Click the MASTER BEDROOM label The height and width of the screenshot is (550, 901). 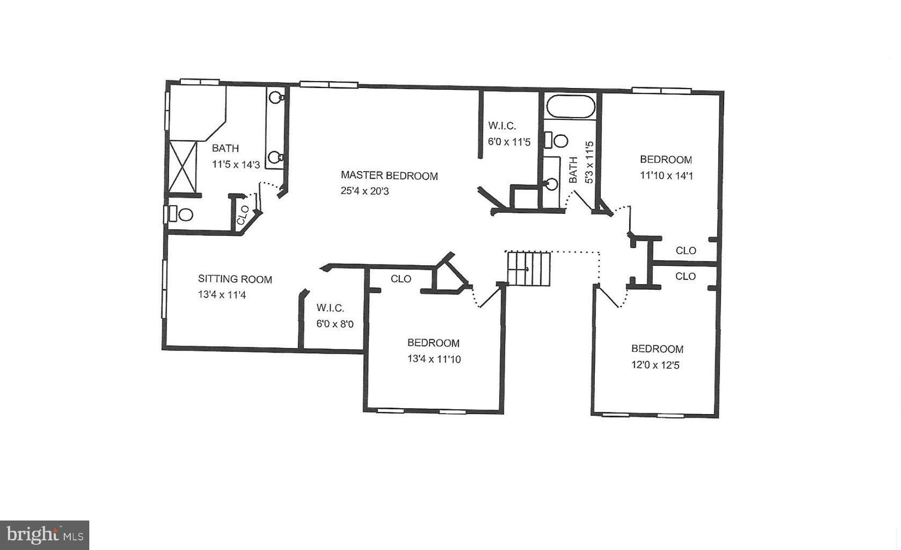coord(389,176)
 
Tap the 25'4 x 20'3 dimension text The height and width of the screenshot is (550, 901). coord(365,191)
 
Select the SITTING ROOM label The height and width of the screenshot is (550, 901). coord(235,279)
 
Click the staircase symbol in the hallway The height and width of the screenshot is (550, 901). coord(529,268)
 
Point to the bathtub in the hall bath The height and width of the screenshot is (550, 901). coord(570,106)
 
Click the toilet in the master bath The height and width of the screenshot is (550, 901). coord(183,214)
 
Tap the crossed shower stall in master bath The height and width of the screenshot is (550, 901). coord(182,166)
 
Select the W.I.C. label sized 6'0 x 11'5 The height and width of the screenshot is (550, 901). coord(502,126)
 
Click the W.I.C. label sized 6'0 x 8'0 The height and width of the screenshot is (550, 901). coord(330,308)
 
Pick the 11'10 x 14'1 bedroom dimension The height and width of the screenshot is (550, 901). coord(666,176)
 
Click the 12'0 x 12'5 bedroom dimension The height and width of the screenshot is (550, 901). coord(655,365)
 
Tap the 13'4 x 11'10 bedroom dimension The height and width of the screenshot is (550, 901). coord(434,359)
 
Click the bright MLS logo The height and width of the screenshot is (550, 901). coord(44,535)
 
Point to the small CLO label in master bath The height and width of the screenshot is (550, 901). coord(243,215)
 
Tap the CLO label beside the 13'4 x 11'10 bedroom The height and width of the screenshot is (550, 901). coord(401,279)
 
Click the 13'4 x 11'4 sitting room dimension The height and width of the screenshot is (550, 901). coord(222,294)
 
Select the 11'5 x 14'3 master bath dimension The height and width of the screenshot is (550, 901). coord(236,165)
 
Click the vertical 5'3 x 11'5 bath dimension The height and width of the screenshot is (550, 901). coord(589,163)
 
